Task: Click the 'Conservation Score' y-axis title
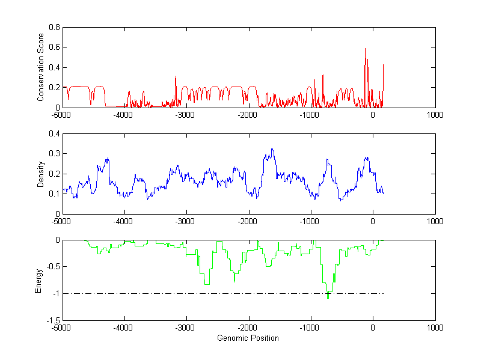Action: coord(40,67)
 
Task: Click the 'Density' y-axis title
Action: coord(40,174)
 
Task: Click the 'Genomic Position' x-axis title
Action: coord(248,338)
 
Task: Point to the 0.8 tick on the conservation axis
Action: coord(55,27)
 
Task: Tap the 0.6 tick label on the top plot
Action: coord(55,47)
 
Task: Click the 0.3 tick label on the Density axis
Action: coord(55,154)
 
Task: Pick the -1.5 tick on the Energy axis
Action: coord(53,320)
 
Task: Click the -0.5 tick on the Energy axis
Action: coord(53,267)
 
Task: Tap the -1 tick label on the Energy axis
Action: coord(56,294)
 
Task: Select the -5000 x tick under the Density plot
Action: coord(62,221)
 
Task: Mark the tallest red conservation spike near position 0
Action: coord(365,49)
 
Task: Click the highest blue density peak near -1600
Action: coord(272,149)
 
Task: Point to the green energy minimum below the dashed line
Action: coord(328,298)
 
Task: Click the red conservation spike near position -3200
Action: coord(176,76)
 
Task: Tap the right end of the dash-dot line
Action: coord(384,293)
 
